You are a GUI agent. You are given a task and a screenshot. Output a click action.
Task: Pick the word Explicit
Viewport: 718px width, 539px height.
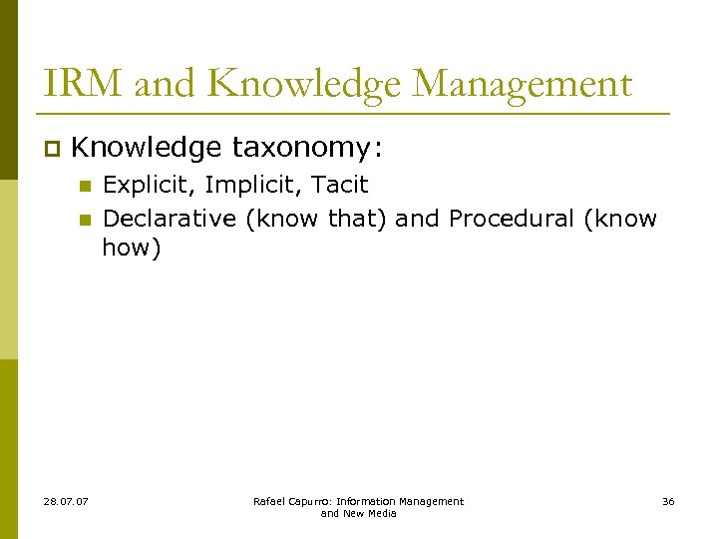point(150,185)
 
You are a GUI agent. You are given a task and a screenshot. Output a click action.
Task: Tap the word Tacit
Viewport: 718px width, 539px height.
point(340,185)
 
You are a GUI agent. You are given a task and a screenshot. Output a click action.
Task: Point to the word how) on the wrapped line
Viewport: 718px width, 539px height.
point(132,248)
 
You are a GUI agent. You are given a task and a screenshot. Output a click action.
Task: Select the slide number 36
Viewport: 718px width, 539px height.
point(668,501)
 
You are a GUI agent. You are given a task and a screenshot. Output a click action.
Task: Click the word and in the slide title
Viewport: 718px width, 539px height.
point(166,83)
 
